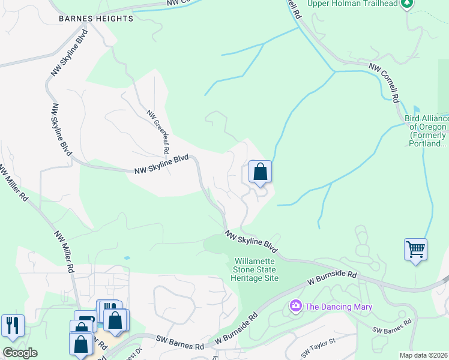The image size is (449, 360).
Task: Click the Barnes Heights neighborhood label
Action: pos(96,19)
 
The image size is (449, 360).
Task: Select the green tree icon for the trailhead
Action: pos(407,4)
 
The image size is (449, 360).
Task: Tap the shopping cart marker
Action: pos(415,248)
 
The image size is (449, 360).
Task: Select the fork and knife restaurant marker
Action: pos(13,325)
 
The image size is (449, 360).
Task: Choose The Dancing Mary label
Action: pos(338,307)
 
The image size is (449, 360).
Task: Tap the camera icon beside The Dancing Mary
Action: pos(295,307)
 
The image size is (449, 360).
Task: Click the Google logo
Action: pos(20,353)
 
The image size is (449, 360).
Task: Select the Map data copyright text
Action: pos(424,355)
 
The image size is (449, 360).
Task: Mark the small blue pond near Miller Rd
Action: pos(127,258)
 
